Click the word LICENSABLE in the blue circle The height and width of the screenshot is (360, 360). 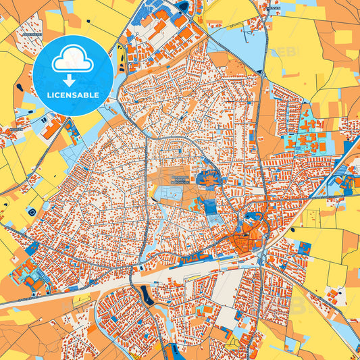[x=72, y=95]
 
